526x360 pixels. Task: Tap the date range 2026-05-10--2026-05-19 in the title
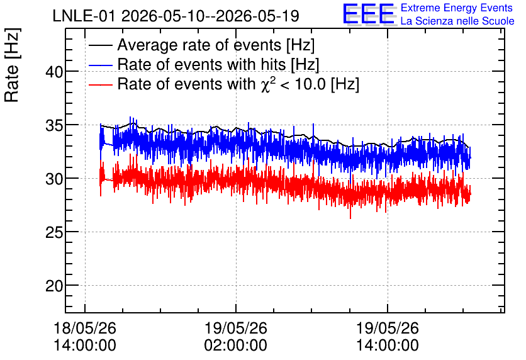(x=210, y=16)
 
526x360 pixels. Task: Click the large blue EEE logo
(x=369, y=14)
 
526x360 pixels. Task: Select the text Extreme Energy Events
(x=457, y=8)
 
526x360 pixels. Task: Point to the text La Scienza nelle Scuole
(x=457, y=21)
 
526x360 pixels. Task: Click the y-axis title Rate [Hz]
(x=12, y=65)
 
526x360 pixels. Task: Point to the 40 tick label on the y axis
(x=54, y=72)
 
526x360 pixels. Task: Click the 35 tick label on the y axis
(x=54, y=125)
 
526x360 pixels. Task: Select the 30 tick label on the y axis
(x=54, y=179)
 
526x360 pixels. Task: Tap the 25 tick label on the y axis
(x=54, y=232)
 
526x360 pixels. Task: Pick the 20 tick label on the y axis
(x=54, y=286)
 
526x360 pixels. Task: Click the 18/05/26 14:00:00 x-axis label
(x=85, y=337)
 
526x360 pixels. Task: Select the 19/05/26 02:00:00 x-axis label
(x=236, y=337)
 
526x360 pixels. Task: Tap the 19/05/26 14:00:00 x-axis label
(x=388, y=337)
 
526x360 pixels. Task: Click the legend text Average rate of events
(x=199, y=45)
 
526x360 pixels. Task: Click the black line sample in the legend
(x=101, y=45)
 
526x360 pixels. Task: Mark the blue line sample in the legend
(x=101, y=65)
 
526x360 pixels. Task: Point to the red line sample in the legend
(x=101, y=84)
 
